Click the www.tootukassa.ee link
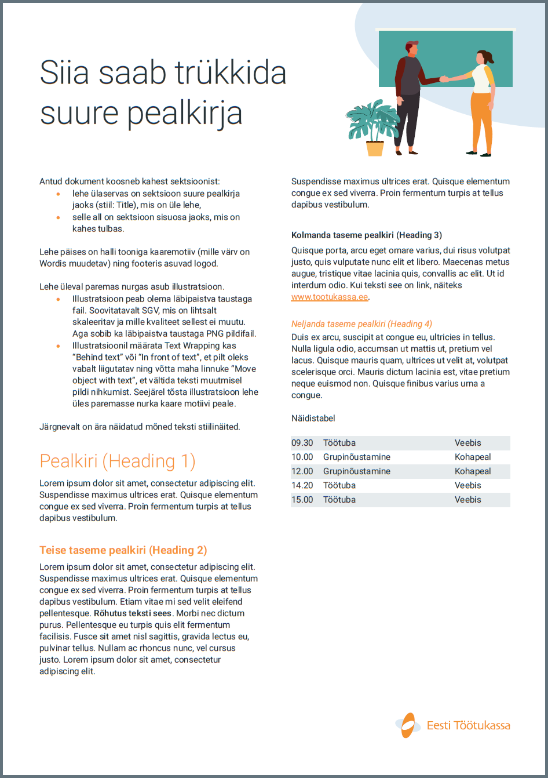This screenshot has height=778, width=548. pyautogui.click(x=329, y=297)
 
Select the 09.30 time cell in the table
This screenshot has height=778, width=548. pyautogui.click(x=302, y=443)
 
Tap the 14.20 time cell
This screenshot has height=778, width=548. pyautogui.click(x=302, y=485)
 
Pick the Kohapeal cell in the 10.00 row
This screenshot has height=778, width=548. pyautogui.click(x=473, y=457)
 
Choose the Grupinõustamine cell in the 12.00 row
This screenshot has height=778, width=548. pyautogui.click(x=356, y=471)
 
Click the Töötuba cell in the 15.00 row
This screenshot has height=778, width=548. pyautogui.click(x=339, y=500)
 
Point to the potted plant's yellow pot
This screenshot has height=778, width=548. pyautogui.click(x=375, y=148)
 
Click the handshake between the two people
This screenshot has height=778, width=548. pyautogui.click(x=444, y=79)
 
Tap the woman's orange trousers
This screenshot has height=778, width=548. pyautogui.click(x=481, y=122)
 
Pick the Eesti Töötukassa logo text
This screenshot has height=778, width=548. pyautogui.click(x=468, y=725)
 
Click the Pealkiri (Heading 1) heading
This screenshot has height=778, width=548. pyautogui.click(x=118, y=461)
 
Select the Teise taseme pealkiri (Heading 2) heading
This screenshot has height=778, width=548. pyautogui.click(x=123, y=550)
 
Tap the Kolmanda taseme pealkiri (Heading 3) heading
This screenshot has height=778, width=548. pyautogui.click(x=366, y=235)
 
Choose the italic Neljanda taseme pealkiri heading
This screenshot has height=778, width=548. pyautogui.click(x=361, y=324)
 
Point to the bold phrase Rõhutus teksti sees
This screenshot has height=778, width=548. pyautogui.click(x=133, y=613)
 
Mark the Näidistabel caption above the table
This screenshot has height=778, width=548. pyautogui.click(x=313, y=419)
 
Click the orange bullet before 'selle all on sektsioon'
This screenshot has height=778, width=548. pyautogui.click(x=58, y=217)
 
